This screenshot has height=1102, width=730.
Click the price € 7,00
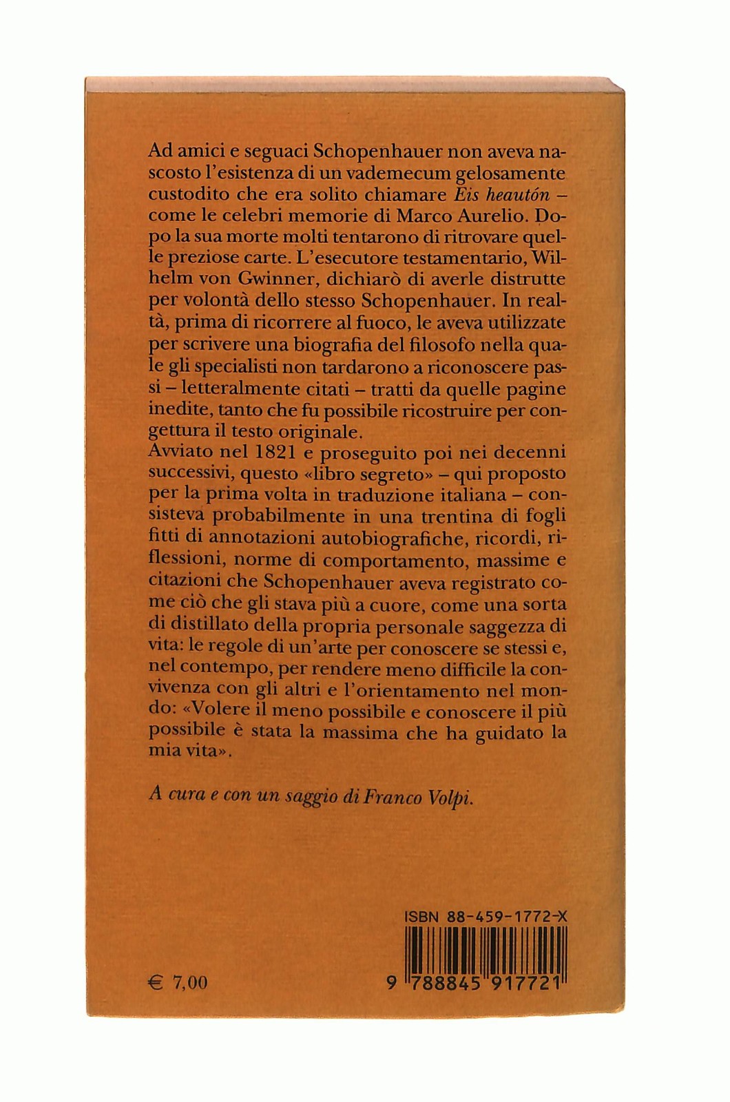pos(179,982)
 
